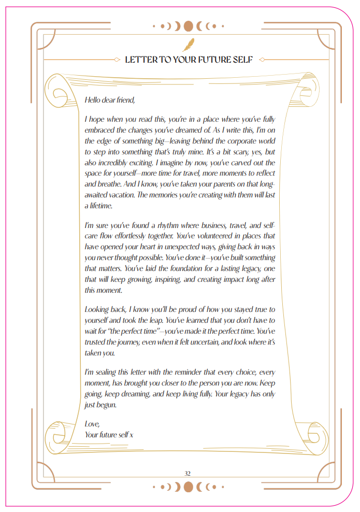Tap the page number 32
click(188, 473)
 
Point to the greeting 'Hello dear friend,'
click(109, 100)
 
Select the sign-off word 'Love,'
click(92, 424)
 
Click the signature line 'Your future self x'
click(109, 434)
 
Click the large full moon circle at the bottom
click(189, 487)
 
